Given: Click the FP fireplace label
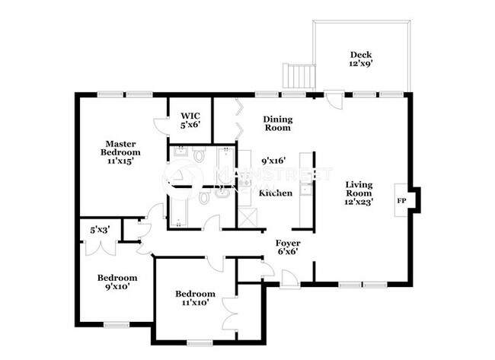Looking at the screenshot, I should pyautogui.click(x=401, y=202).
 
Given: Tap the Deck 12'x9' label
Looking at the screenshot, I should pyautogui.click(x=360, y=59).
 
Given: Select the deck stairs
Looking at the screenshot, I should pyautogui.click(x=299, y=77).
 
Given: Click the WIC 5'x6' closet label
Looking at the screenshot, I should pyautogui.click(x=190, y=119).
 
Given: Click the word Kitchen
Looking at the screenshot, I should pyautogui.click(x=276, y=193).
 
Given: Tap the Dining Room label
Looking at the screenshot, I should pyautogui.click(x=277, y=123).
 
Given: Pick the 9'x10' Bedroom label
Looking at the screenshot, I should pyautogui.click(x=117, y=282).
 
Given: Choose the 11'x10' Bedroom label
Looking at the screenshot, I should pyautogui.click(x=195, y=298).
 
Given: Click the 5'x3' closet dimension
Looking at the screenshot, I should pyautogui.click(x=99, y=228).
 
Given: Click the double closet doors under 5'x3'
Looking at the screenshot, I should pyautogui.click(x=99, y=247).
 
